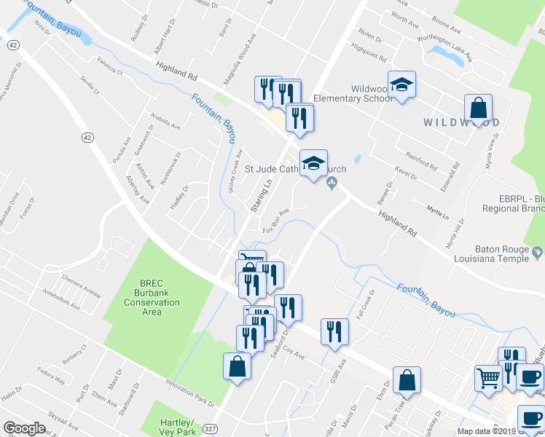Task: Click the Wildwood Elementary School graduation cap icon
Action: click(401, 85)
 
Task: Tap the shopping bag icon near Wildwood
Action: click(478, 109)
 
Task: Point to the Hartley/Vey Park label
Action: click(177, 428)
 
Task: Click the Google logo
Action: click(24, 428)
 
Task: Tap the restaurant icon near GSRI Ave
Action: click(334, 331)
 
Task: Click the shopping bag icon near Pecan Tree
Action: click(407, 380)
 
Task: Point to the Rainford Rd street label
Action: click(422, 161)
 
